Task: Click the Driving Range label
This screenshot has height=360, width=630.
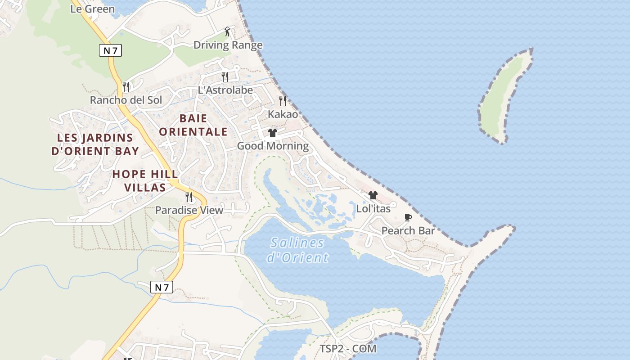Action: click(x=228, y=45)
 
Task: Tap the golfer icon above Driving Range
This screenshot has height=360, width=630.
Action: click(x=228, y=32)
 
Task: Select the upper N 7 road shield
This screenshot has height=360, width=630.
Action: click(x=110, y=50)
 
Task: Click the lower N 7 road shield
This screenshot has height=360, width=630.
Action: click(x=162, y=287)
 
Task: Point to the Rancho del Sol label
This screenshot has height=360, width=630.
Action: click(x=126, y=100)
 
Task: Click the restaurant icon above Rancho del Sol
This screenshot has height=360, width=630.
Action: click(x=126, y=86)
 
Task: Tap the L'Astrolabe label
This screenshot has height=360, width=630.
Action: click(x=225, y=90)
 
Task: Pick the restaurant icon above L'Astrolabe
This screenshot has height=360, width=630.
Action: click(x=225, y=76)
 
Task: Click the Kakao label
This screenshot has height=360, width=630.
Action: click(x=283, y=114)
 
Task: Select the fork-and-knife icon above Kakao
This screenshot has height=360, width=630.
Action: click(x=283, y=100)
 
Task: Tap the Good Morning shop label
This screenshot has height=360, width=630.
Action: click(x=273, y=146)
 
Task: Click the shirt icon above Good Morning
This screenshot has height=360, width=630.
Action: click(x=273, y=133)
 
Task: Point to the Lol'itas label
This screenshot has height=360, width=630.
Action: click(x=373, y=209)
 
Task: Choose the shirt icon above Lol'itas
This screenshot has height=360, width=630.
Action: click(x=373, y=195)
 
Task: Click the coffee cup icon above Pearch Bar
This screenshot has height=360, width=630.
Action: click(x=408, y=218)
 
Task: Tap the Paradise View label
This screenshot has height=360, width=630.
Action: click(x=189, y=210)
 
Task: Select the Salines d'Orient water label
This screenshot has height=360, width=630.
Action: click(x=297, y=250)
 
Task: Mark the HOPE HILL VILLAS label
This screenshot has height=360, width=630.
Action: click(x=145, y=180)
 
